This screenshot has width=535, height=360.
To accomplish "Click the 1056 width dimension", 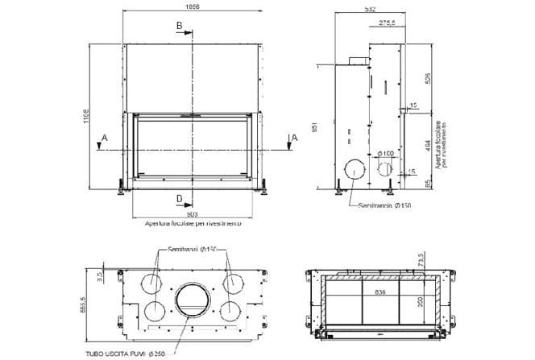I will pyautogui.click(x=192, y=6).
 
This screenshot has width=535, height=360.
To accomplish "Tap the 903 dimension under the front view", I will pyautogui.click(x=192, y=214).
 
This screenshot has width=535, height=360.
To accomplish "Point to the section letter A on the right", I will pyautogui.click(x=294, y=138).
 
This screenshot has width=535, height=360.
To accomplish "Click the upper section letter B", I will pyautogui.click(x=179, y=27).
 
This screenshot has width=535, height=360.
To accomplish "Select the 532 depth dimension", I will pyautogui.click(x=370, y=9).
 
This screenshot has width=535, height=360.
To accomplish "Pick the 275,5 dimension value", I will pyautogui.click(x=387, y=23).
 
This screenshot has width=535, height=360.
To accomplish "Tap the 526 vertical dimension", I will pyautogui.click(x=429, y=78).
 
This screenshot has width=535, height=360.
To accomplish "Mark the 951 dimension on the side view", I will pyautogui.click(x=322, y=126).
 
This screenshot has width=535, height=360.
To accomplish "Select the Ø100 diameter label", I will pyautogui.click(x=386, y=152).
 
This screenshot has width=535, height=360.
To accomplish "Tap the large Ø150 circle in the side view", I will pyautogui.click(x=354, y=170).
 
